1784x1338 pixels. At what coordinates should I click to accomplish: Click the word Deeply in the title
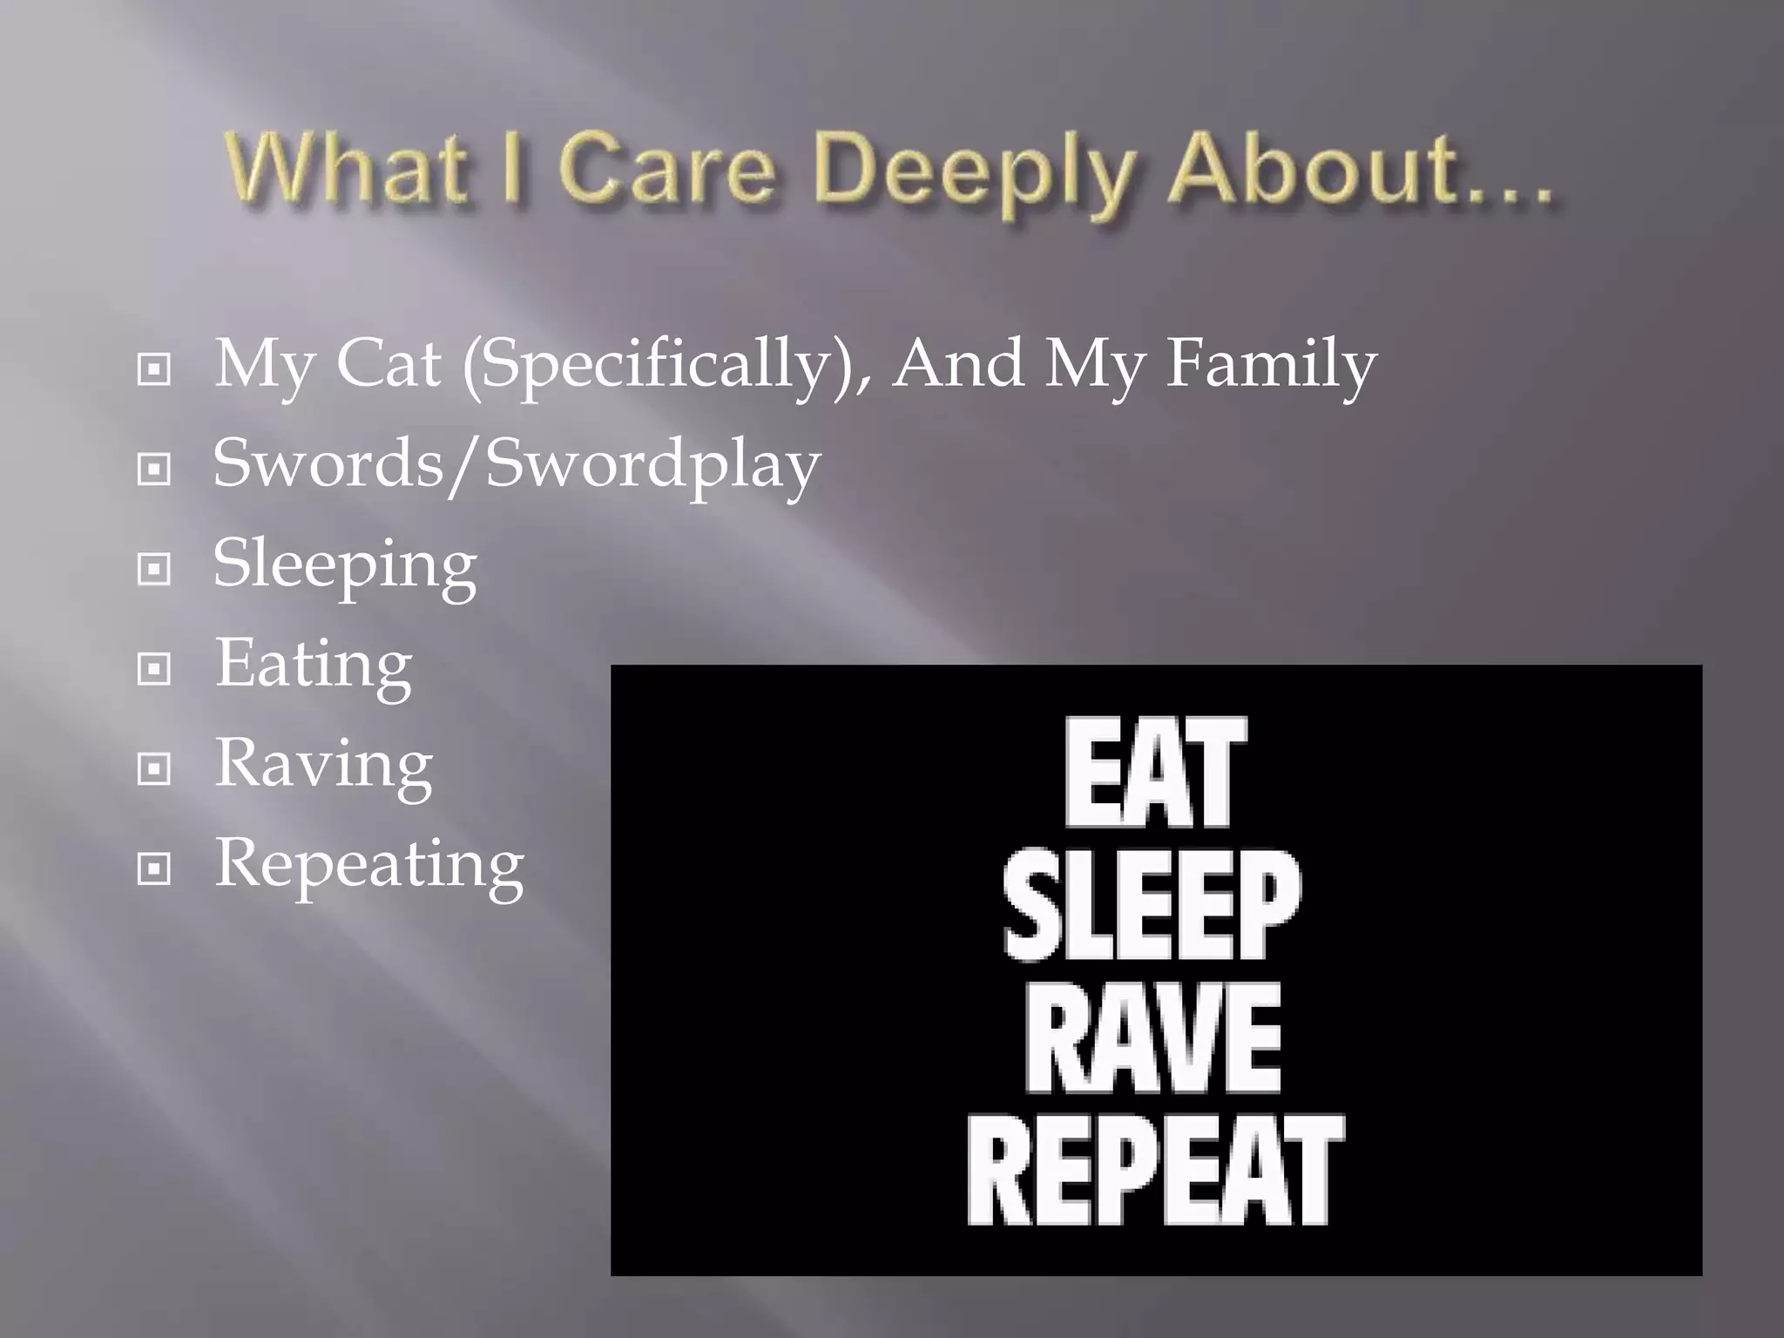(x=976, y=172)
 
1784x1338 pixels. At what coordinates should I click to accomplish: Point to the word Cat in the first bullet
(x=388, y=363)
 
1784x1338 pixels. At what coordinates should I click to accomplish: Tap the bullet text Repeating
(x=369, y=865)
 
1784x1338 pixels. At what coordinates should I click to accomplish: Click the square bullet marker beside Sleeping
(x=154, y=570)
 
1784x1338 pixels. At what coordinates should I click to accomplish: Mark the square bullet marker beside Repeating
(x=154, y=868)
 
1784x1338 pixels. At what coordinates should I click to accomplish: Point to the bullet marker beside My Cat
(x=154, y=370)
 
